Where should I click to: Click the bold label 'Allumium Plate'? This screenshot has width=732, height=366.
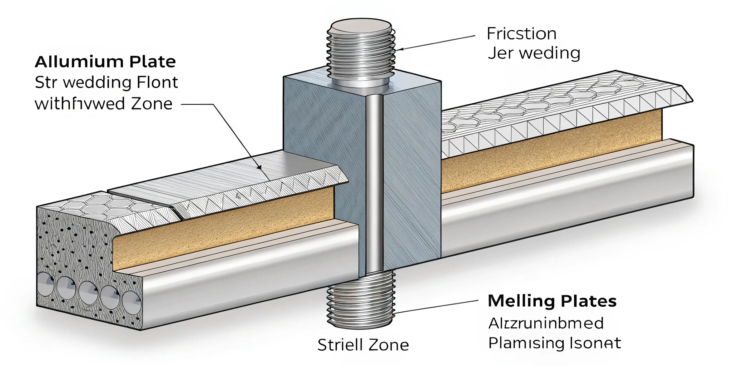tap(105, 62)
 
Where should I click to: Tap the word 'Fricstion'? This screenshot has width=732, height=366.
tap(521, 34)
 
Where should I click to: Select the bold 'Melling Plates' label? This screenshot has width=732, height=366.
tap(552, 301)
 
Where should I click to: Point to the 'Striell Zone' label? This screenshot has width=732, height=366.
tap(363, 345)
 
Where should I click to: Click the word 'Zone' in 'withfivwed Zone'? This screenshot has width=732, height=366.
tap(152, 104)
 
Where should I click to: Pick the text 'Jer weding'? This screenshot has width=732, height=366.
tap(534, 53)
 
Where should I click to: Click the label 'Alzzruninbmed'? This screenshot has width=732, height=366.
tap(546, 323)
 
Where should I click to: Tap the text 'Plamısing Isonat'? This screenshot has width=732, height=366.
tap(554, 343)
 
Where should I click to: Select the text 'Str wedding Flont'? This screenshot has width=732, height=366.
tap(106, 83)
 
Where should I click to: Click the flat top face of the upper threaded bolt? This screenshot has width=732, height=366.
tap(360, 26)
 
